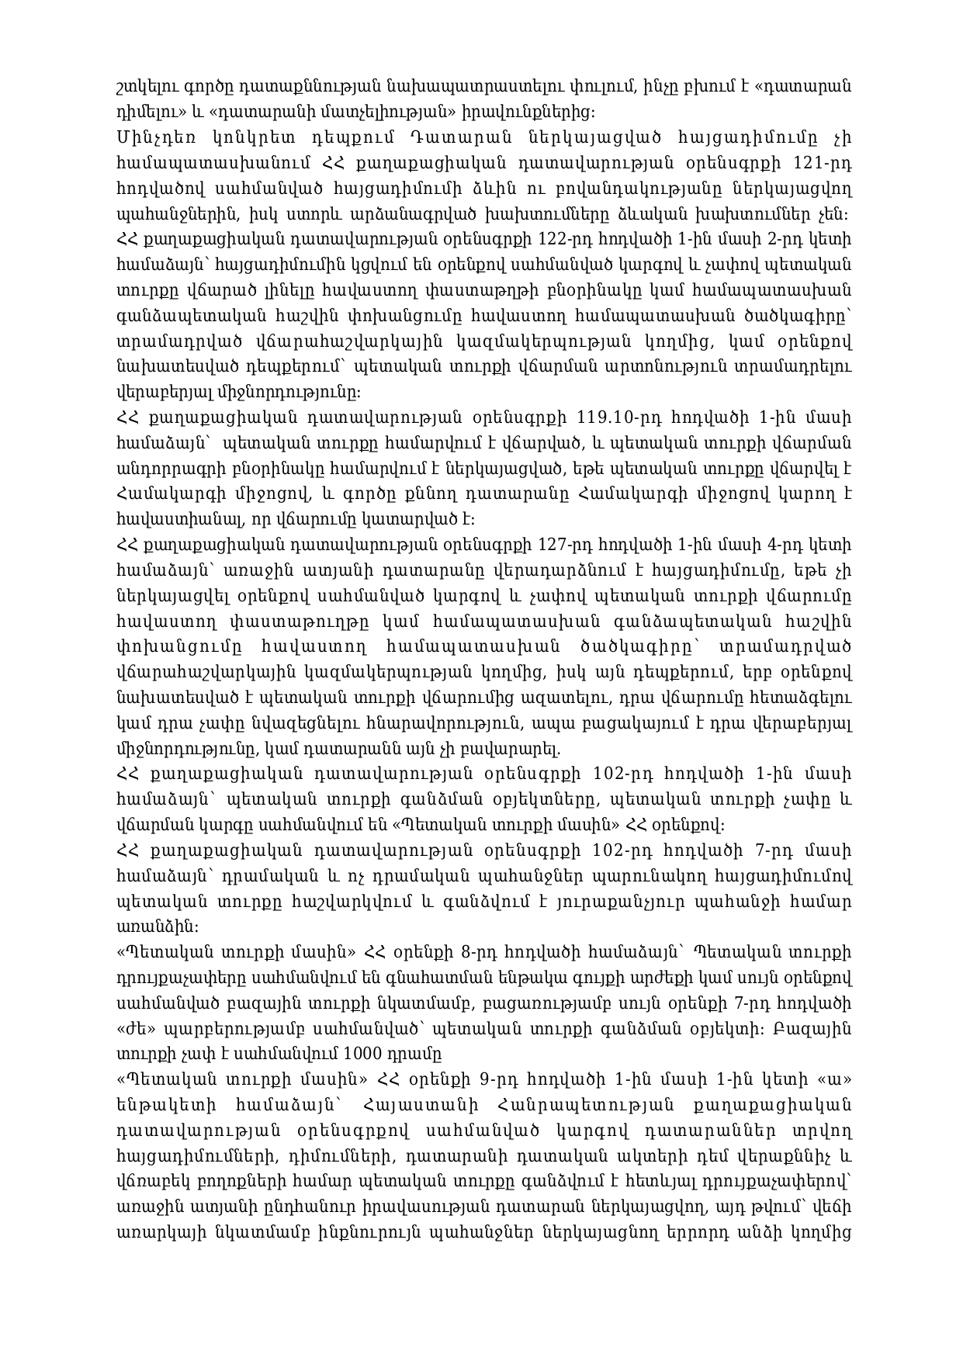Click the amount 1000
[x=369, y=1053]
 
